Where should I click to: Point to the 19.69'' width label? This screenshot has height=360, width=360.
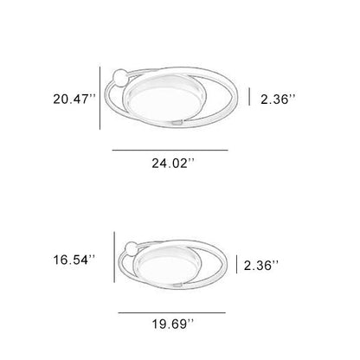coord(170,324)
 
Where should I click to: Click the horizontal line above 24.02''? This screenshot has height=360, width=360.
coord(170,150)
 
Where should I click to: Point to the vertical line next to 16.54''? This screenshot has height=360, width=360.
coord(114,257)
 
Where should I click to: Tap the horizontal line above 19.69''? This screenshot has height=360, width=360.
coord(170,311)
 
